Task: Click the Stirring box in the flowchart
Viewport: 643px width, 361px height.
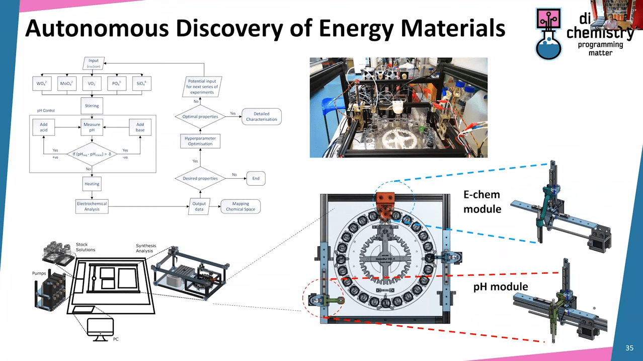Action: (92, 106)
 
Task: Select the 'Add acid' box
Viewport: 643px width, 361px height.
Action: (44, 127)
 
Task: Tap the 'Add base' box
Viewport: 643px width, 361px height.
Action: (140, 127)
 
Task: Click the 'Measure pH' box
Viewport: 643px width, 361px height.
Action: (92, 127)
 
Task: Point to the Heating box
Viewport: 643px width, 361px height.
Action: (92, 184)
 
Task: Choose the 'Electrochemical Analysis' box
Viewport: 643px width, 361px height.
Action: (92, 206)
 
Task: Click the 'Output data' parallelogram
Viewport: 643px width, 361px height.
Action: (199, 206)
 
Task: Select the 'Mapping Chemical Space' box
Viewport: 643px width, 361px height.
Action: (240, 206)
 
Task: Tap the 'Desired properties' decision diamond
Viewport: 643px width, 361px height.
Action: (200, 178)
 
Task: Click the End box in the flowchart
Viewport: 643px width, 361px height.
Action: (255, 178)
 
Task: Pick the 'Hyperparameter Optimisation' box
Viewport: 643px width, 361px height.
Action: (200, 140)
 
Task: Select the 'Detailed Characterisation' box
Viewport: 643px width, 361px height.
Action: (261, 117)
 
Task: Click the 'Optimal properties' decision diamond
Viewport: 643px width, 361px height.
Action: (200, 117)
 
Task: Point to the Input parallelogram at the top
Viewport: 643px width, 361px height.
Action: (93, 63)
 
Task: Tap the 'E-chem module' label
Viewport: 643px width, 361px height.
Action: (483, 201)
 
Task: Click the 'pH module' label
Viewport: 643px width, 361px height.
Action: (500, 286)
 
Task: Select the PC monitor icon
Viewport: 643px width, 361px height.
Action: (100, 328)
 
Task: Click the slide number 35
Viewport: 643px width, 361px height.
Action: (629, 348)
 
